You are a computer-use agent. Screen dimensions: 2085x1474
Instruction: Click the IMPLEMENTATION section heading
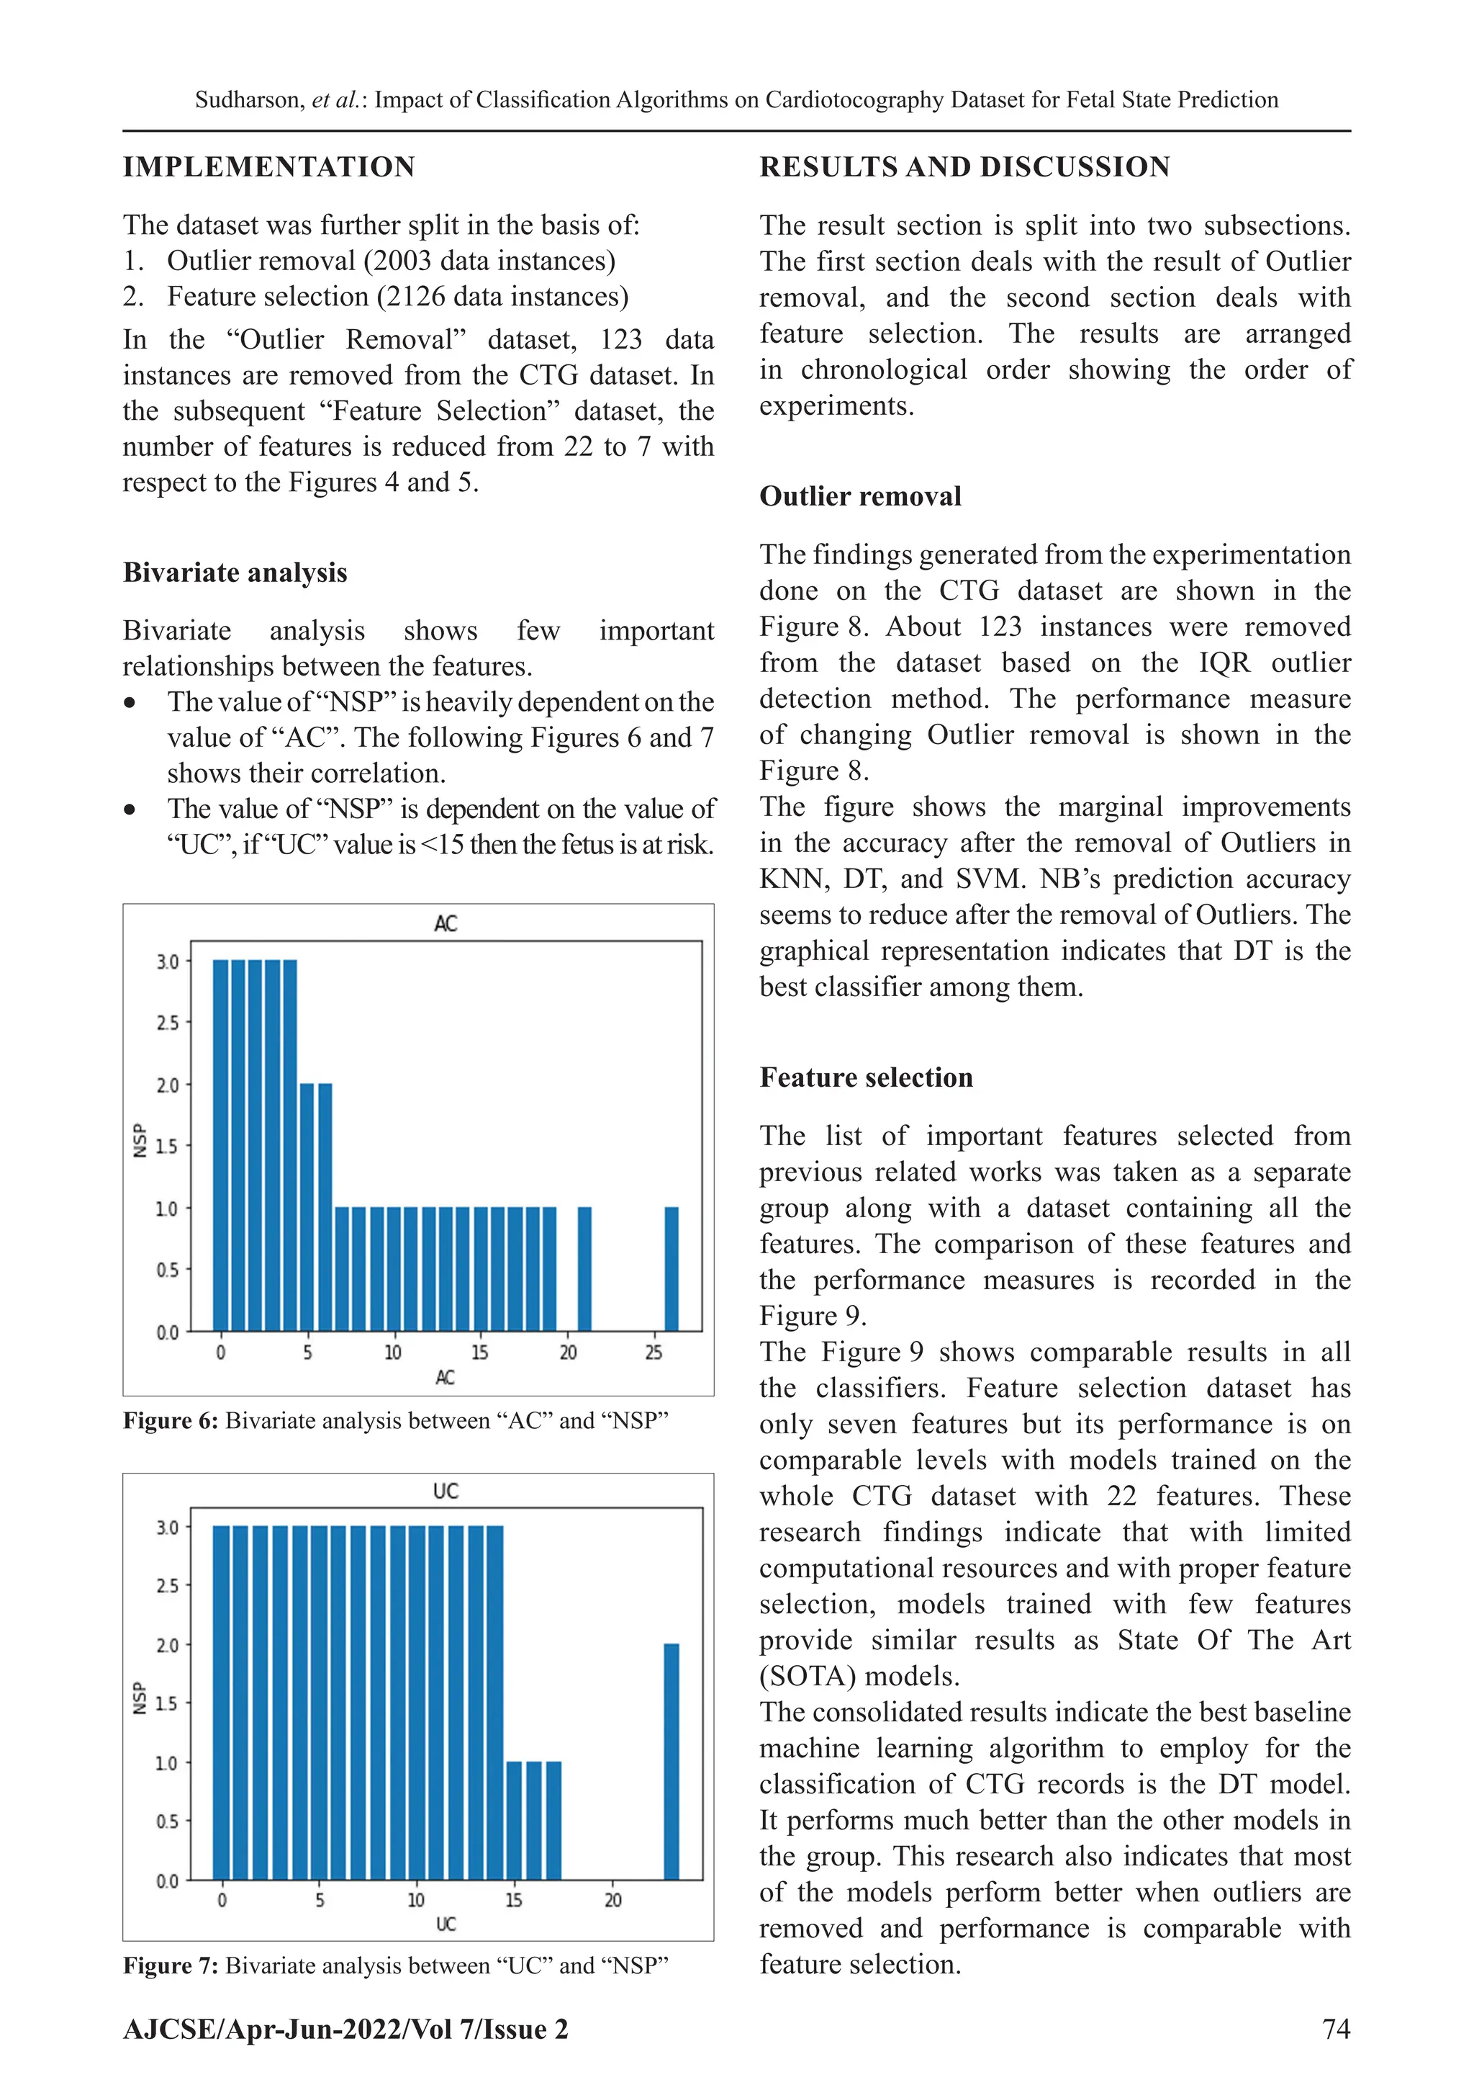point(268,167)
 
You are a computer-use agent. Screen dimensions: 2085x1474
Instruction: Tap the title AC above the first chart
point(446,923)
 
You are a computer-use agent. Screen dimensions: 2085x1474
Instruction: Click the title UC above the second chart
point(446,1491)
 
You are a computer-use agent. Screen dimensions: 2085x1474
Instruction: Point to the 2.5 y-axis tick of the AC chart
point(168,1023)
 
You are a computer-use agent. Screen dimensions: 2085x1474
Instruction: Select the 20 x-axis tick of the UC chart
point(612,1901)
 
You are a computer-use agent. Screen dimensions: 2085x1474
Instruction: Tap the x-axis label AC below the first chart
point(445,1378)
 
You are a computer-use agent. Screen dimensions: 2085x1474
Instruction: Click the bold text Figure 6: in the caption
point(170,1421)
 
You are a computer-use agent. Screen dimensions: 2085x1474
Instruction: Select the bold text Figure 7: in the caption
point(170,1966)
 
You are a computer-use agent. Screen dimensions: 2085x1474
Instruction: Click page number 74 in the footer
point(1336,2029)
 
